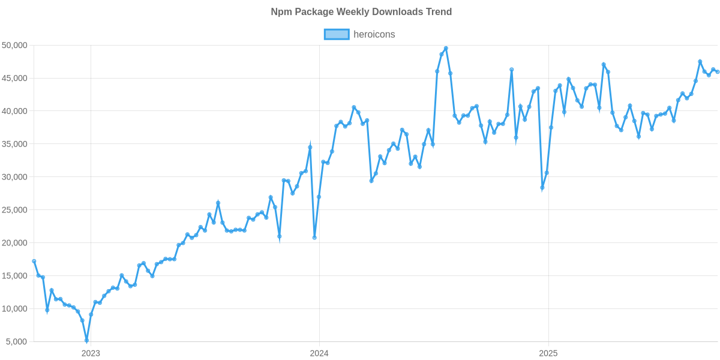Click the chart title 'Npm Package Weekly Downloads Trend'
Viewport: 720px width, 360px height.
coord(361,12)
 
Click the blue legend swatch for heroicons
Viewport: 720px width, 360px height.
coord(336,34)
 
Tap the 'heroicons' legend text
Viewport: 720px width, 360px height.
coord(374,34)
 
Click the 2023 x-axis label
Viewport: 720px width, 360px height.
coord(91,353)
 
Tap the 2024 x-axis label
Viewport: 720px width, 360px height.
coord(319,353)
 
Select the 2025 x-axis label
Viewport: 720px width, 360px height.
coord(548,353)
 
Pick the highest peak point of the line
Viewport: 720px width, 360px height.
coord(446,48)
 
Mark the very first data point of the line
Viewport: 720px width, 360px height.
coord(34,261)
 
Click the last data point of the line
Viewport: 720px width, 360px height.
coord(718,72)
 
